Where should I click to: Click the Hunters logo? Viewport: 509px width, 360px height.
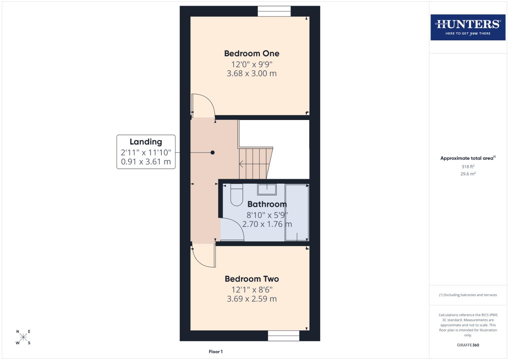(x=468, y=27)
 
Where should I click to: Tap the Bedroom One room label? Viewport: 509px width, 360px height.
(x=252, y=53)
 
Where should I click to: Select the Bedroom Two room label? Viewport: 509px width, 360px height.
(x=252, y=279)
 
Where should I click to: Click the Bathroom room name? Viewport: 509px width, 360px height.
(x=267, y=204)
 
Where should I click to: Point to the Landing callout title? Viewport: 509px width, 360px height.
(x=146, y=142)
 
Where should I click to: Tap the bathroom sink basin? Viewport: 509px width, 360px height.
(x=267, y=189)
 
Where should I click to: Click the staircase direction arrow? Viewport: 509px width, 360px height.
(x=241, y=164)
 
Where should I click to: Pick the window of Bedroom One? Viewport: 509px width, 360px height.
(x=274, y=11)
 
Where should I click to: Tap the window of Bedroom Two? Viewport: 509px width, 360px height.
(x=283, y=336)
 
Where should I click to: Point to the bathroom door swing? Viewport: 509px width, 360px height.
(x=232, y=229)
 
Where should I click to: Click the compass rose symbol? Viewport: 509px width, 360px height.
(x=23, y=337)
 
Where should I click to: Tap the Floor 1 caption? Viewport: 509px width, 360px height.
(x=216, y=352)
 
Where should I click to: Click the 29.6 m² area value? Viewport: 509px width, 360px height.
(x=468, y=174)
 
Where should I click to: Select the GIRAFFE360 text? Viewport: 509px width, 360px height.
(x=468, y=345)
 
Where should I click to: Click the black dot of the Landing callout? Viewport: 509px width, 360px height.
(x=213, y=153)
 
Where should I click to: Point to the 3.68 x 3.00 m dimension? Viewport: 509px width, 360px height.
(x=252, y=73)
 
